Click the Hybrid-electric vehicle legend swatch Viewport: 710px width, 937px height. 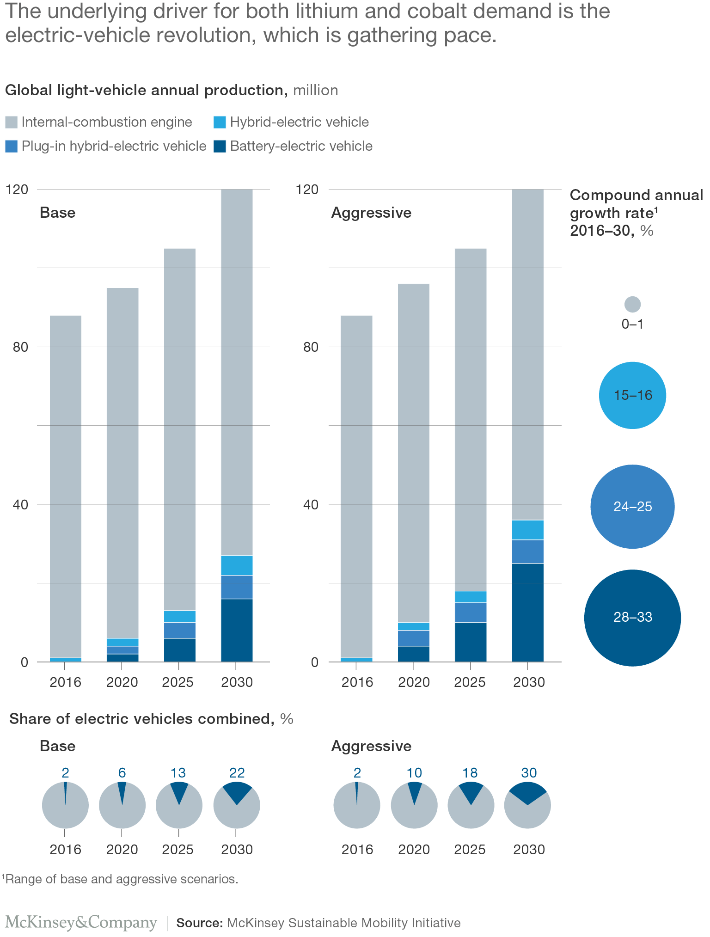click(220, 122)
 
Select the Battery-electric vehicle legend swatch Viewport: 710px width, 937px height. click(220, 147)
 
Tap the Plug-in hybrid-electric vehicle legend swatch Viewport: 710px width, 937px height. click(11, 147)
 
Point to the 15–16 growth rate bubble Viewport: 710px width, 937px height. click(632, 395)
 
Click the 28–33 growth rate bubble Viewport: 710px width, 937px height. click(632, 618)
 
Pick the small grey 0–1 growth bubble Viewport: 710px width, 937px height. click(632, 304)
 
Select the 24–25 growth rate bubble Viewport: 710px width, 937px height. click(632, 507)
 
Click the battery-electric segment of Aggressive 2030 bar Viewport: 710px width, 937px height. click(527, 612)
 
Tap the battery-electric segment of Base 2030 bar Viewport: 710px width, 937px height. click(237, 630)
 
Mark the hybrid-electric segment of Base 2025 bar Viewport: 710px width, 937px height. click(180, 617)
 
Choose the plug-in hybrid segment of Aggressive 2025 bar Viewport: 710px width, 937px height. click(471, 612)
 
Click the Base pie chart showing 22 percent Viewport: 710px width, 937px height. click(237, 805)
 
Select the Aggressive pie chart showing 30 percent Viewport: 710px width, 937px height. click(527, 805)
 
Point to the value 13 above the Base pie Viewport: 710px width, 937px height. click(178, 773)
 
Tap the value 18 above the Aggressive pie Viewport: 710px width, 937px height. click(470, 773)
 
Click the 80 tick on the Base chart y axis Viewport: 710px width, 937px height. click(20, 347)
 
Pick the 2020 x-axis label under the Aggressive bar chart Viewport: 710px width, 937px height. click(414, 682)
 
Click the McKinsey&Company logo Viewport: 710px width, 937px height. click(81, 922)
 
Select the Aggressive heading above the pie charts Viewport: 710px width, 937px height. click(371, 746)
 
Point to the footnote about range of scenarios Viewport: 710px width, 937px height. click(120, 879)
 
